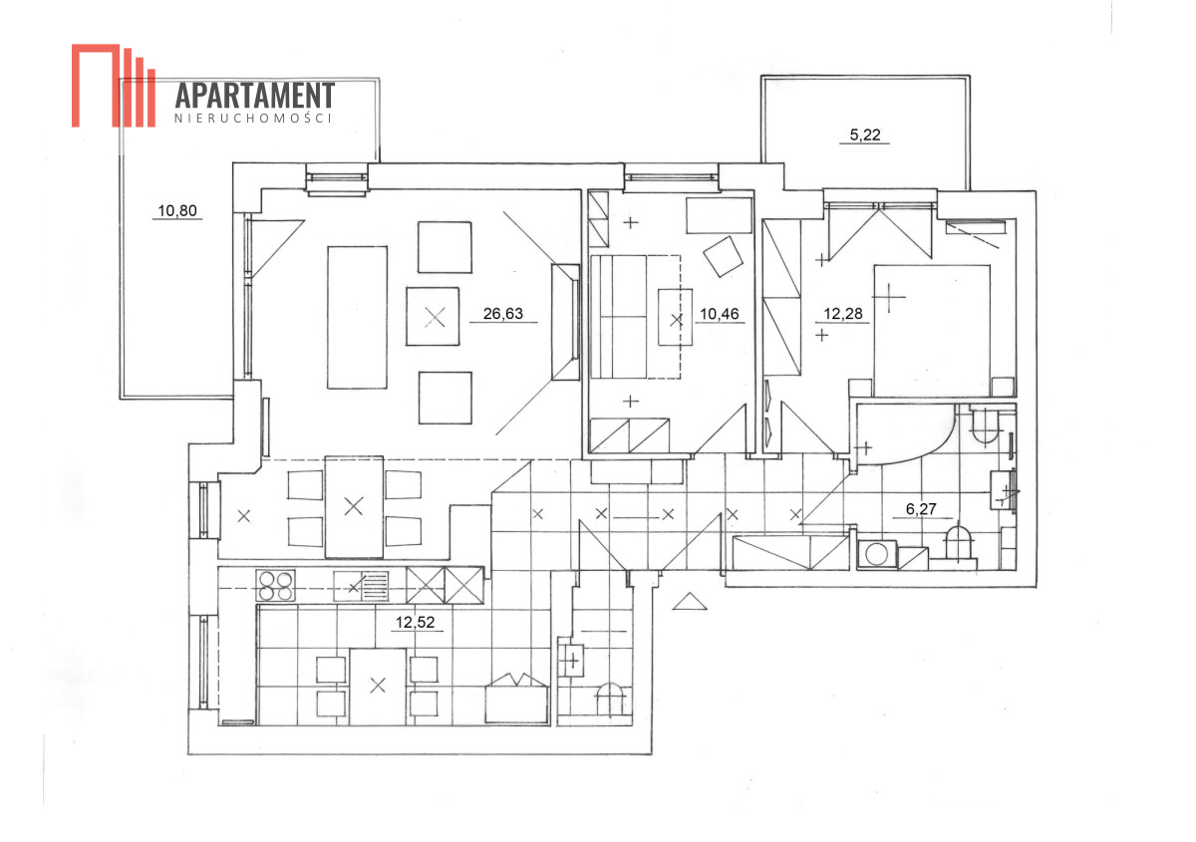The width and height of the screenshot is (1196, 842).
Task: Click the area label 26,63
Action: tap(503, 314)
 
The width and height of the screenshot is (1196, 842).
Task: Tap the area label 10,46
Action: tap(720, 314)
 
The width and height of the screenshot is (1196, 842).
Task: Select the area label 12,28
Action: tap(842, 314)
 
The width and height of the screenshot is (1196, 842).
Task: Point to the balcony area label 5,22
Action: tap(865, 135)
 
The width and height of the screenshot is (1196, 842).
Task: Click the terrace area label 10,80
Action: tap(177, 210)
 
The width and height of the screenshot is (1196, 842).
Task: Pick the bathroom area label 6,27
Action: tap(921, 509)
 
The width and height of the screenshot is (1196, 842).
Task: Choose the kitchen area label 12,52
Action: tap(415, 622)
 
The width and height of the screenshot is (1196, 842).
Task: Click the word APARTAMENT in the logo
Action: tap(255, 96)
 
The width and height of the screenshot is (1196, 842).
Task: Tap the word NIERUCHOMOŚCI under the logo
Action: tap(253, 118)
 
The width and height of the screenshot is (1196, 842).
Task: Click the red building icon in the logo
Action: tap(114, 86)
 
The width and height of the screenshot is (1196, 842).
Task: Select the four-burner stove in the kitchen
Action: tap(275, 586)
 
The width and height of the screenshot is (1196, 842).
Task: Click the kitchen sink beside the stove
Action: tap(361, 586)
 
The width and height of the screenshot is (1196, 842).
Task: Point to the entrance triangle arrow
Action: tap(690, 601)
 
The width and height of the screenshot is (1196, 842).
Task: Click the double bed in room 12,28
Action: tap(932, 331)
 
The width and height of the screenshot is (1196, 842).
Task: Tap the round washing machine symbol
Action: tap(876, 554)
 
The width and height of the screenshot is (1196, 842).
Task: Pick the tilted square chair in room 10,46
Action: tap(723, 256)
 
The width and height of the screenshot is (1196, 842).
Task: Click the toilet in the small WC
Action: tap(609, 700)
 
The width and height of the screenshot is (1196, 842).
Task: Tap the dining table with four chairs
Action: tap(354, 507)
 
